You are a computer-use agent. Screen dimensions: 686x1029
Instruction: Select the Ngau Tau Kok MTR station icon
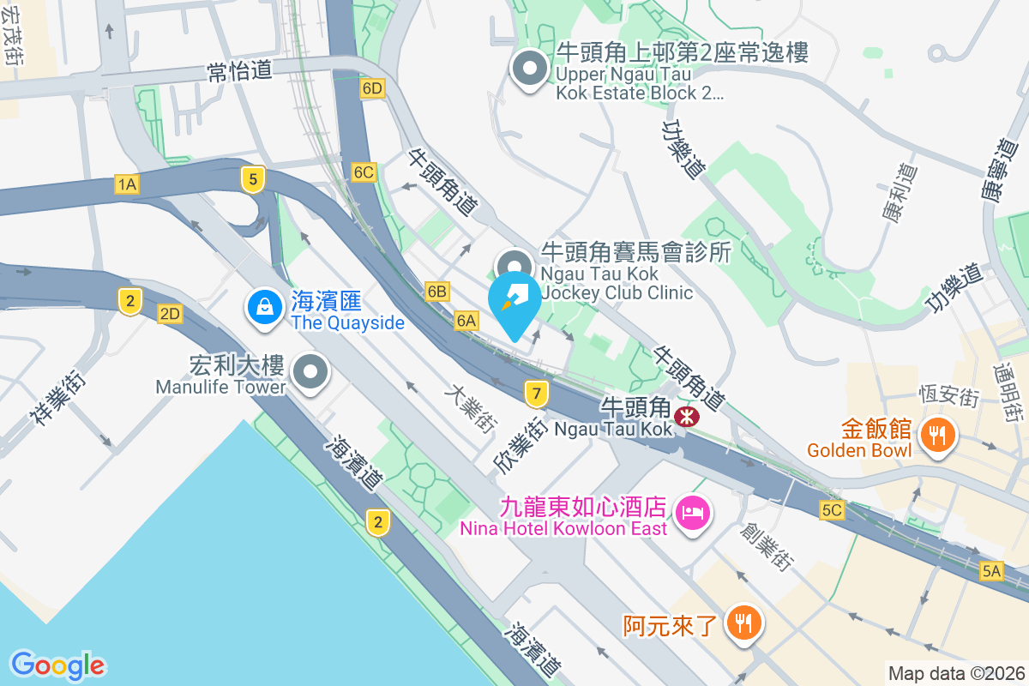685,417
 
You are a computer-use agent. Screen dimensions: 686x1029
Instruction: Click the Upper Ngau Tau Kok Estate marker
529,68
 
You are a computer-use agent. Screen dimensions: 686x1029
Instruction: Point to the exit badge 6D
371,89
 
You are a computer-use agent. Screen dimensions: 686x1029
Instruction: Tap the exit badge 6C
364,172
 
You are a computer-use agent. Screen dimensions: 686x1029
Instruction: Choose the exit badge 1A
127,184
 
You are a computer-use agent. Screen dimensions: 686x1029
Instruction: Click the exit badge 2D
170,314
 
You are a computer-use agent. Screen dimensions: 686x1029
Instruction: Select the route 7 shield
537,394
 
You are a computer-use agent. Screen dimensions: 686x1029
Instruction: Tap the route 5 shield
251,179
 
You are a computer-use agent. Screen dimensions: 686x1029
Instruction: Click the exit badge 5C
832,510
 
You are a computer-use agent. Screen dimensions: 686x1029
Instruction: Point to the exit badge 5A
992,571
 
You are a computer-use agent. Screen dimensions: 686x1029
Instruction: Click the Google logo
57,665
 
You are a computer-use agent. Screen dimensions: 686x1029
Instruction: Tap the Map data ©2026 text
955,673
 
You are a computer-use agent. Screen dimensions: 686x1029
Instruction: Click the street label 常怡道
240,71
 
